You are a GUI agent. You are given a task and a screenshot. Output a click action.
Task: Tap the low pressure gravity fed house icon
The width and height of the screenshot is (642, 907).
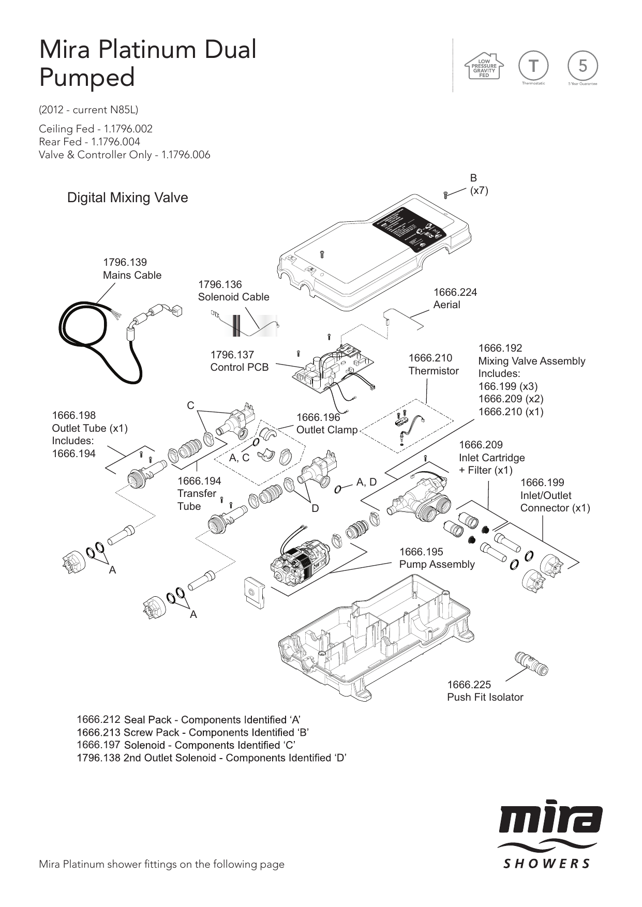tap(484, 66)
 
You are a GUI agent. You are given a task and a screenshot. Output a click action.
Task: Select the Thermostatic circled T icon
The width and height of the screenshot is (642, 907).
tap(533, 66)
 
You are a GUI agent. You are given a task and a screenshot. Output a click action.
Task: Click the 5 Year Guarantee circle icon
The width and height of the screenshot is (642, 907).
tap(583, 66)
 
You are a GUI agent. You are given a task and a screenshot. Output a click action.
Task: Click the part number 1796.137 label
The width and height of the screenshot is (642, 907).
tap(232, 355)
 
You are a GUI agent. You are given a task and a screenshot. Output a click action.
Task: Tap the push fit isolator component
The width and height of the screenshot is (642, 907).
tap(531, 664)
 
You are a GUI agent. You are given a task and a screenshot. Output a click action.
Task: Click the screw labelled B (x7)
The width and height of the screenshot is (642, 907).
tap(445, 195)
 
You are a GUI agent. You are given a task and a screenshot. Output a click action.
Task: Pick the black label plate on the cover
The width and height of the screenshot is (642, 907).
tap(410, 229)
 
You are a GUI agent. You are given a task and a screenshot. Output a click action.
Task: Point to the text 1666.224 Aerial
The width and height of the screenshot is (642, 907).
tap(455, 298)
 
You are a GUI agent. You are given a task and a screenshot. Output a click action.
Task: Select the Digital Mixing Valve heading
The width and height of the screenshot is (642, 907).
tap(127, 198)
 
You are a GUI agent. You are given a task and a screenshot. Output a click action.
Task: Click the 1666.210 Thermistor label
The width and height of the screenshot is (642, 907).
tap(433, 365)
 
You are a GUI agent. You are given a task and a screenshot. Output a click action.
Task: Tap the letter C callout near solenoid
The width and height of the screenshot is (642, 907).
tap(190, 406)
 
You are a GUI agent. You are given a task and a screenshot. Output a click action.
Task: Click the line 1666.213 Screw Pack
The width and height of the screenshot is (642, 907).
tap(192, 733)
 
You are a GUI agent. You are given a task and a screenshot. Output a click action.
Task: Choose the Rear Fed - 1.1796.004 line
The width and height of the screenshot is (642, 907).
tap(89, 142)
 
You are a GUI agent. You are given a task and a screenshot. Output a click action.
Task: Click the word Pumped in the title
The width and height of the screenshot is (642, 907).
tap(87, 78)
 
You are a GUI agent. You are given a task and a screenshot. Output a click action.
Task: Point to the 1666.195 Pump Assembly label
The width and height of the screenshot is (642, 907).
tap(436, 558)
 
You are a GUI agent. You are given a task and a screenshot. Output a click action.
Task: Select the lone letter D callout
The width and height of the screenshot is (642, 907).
tap(315, 509)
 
